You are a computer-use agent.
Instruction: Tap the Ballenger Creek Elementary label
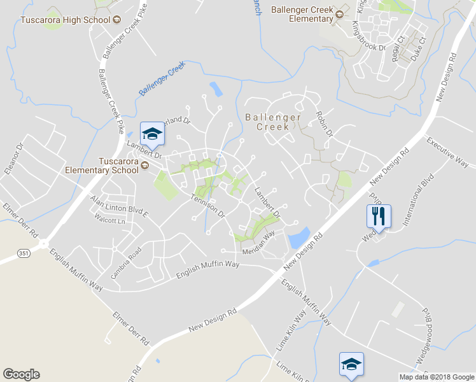pos(302,14)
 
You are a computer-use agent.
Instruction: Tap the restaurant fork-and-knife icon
pos(378,216)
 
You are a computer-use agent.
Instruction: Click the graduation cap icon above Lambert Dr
pos(152,134)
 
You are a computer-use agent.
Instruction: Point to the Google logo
pos(22,374)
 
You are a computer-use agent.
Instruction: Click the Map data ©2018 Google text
pos(436,377)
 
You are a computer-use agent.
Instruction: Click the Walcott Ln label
pos(109,220)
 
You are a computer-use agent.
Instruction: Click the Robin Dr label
pos(325,124)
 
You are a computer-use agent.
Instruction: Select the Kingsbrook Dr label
pos(369,36)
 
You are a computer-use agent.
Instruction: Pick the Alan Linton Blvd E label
pos(119,207)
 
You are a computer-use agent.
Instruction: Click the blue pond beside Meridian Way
pos(298,237)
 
